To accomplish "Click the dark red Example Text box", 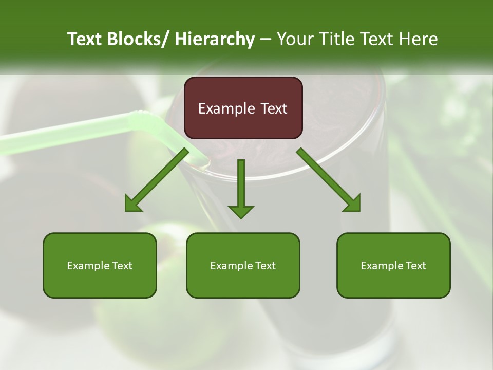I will (243, 108).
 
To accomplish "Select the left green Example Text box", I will (100, 265).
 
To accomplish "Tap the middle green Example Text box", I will (243, 265).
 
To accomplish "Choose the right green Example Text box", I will (393, 265).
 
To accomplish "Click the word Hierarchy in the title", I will (215, 39).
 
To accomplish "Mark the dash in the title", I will (266, 39).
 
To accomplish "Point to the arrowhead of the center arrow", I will (241, 211).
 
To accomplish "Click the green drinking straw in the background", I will (77, 132).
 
